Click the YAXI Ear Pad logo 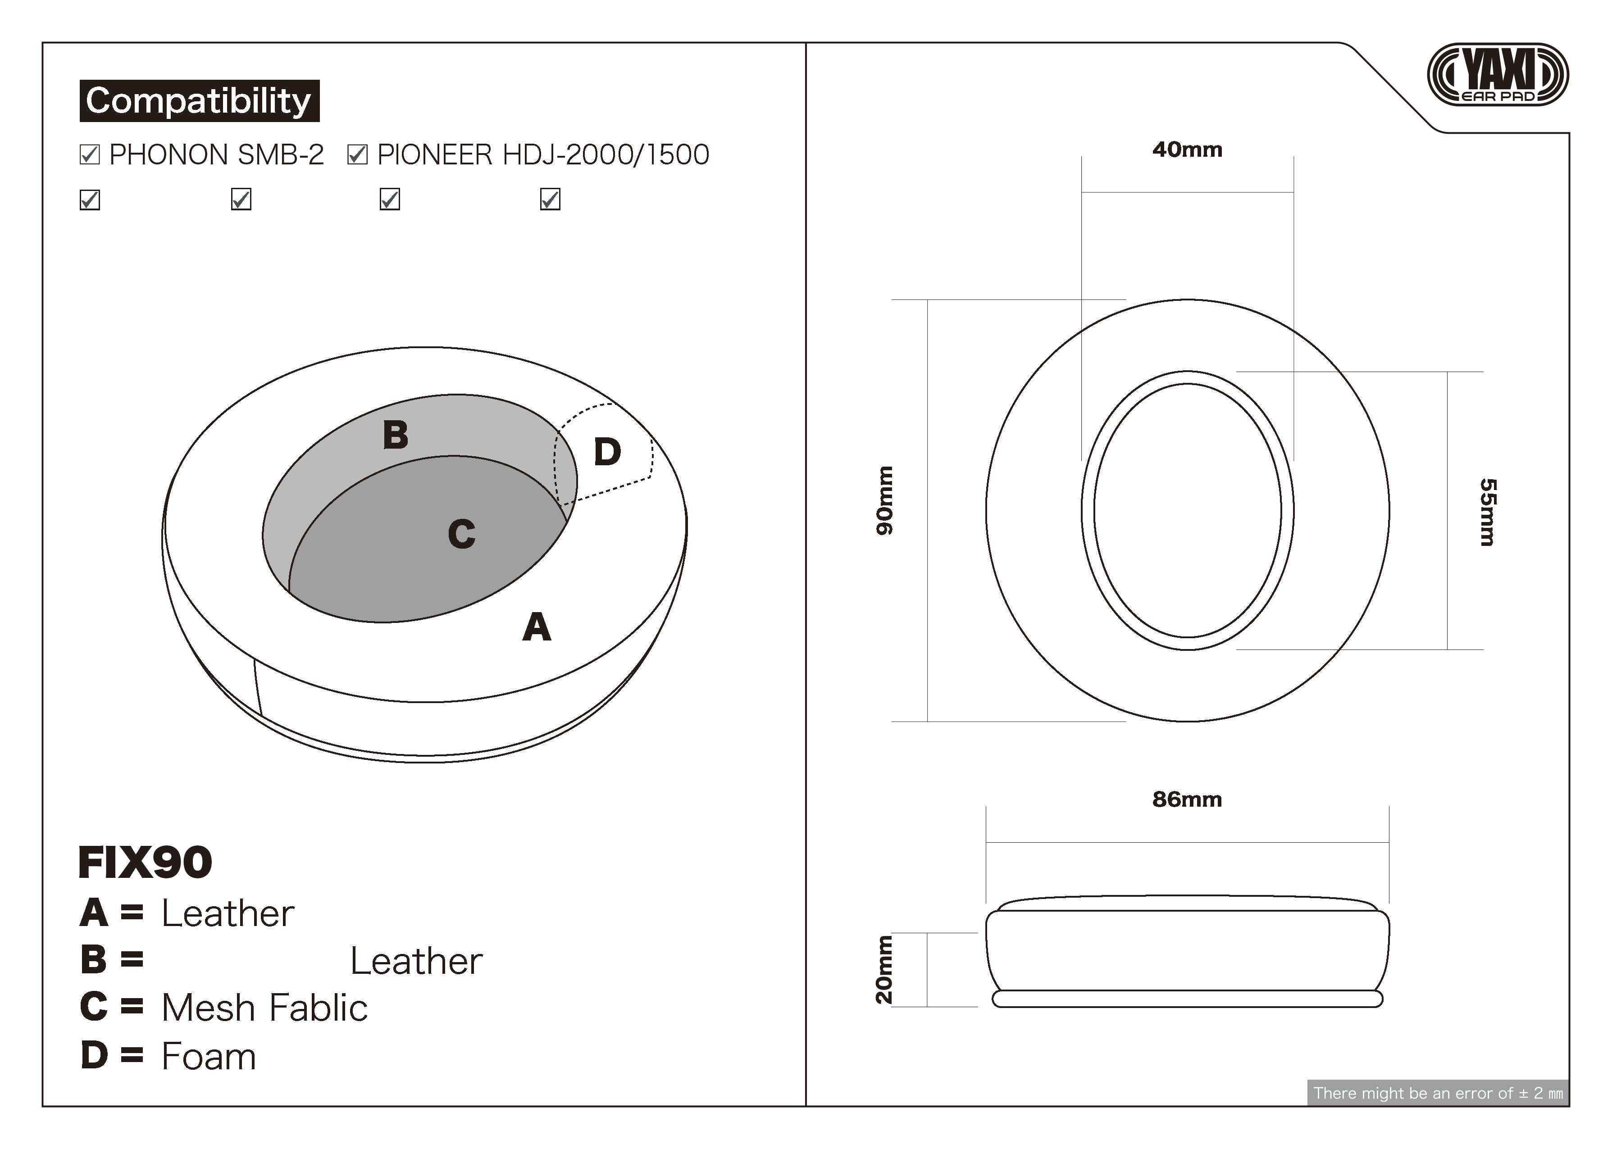[1498, 74]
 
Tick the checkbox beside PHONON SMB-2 [90, 154]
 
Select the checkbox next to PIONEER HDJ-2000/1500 [357, 154]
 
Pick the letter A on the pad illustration [537, 627]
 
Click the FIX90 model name [145, 863]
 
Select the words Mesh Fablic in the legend [264, 1008]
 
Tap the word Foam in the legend [209, 1056]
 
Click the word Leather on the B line [416, 961]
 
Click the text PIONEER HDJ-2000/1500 [543, 154]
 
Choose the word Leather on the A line [228, 913]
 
